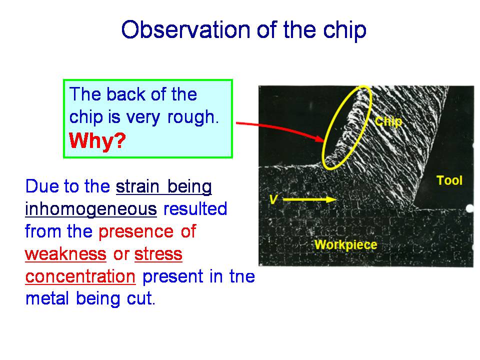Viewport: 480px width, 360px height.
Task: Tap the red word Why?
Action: tap(97, 140)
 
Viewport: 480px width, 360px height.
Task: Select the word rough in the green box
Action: tap(191, 117)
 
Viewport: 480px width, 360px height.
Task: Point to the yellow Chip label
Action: tap(388, 121)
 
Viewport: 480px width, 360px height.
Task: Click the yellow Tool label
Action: tap(449, 180)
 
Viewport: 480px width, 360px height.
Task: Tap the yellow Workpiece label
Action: tap(345, 244)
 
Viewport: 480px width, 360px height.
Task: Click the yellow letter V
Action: tap(273, 199)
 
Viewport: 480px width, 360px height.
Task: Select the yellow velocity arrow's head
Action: tap(331, 199)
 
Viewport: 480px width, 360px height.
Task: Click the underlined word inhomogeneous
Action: tap(91, 209)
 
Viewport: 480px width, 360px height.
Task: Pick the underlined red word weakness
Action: tap(65, 254)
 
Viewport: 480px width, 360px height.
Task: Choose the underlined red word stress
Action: tap(158, 254)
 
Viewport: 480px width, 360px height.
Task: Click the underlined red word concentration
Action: tap(80, 276)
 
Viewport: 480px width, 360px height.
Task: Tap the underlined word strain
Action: tap(137, 186)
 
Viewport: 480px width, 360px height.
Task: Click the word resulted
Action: tap(195, 209)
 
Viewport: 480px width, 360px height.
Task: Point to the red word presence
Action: tap(136, 231)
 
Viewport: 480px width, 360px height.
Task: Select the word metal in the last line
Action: tap(47, 298)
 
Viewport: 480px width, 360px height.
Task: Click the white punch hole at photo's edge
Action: tap(470, 208)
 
